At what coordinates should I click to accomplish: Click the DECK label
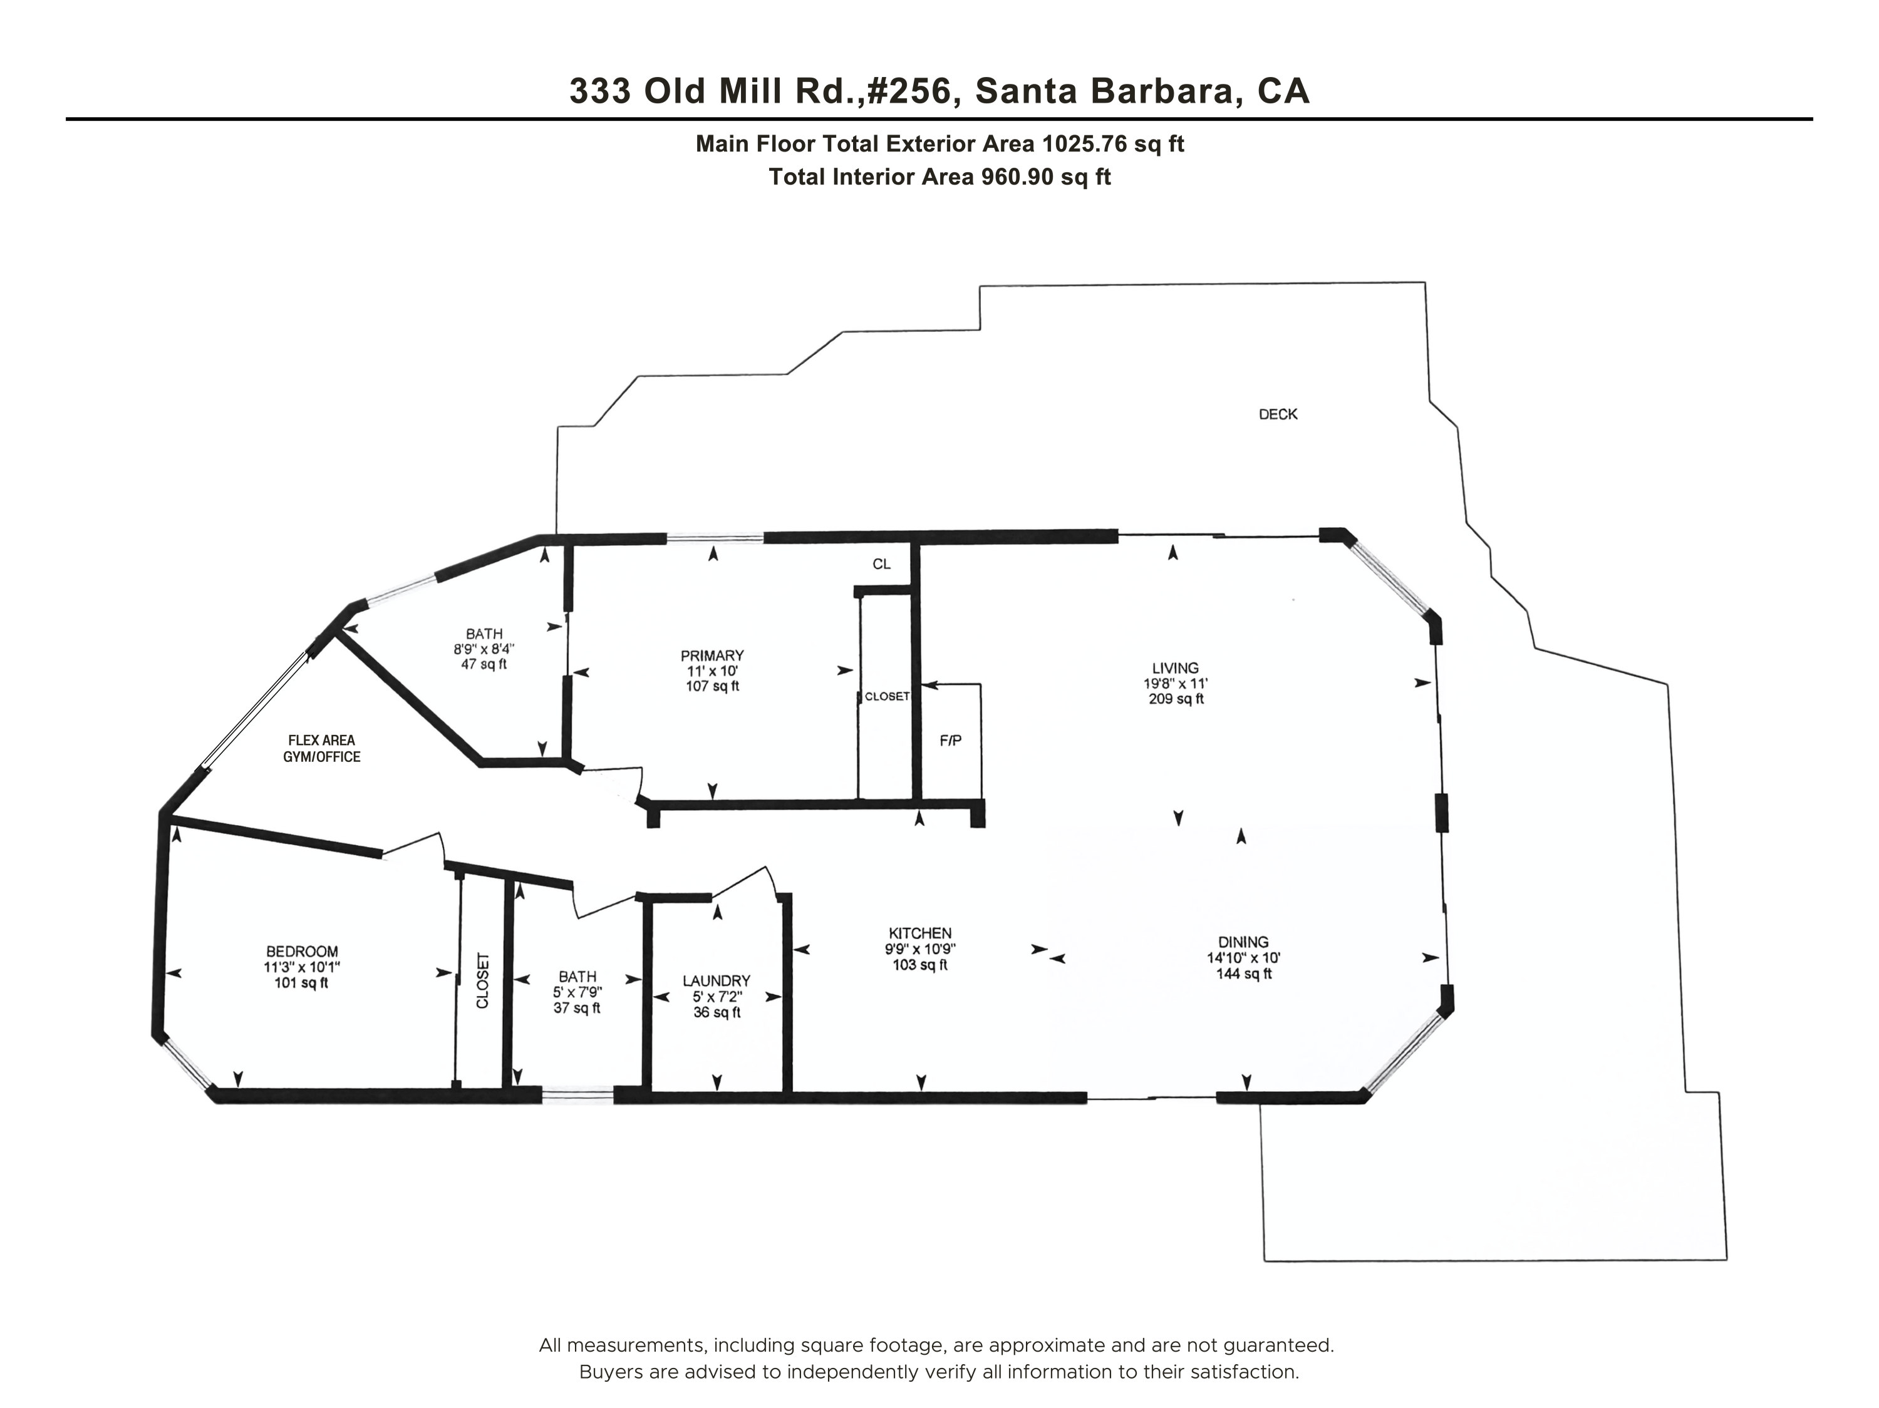click(1278, 414)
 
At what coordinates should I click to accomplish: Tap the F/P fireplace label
click(951, 741)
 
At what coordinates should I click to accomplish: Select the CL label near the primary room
click(882, 564)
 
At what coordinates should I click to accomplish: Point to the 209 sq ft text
click(1176, 699)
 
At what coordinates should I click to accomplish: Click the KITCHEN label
click(920, 932)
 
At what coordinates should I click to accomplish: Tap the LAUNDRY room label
click(716, 981)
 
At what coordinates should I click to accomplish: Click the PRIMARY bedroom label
click(712, 655)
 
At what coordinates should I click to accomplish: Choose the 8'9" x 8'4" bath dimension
click(484, 649)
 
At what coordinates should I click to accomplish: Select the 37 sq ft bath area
click(577, 1008)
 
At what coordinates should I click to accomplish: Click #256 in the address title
click(910, 91)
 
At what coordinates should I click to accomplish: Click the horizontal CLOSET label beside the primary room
click(887, 696)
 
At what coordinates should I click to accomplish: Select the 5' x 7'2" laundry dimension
click(716, 997)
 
